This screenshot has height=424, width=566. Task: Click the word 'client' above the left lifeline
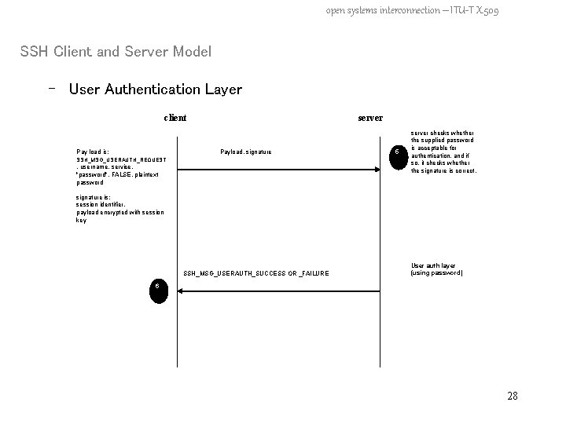pos(175,118)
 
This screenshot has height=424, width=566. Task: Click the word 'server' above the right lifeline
pos(370,118)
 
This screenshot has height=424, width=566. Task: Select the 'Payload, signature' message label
pos(246,152)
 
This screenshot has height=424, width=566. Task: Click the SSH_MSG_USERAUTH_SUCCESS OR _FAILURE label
pos(256,273)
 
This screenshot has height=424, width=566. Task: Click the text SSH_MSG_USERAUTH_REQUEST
pos(121,159)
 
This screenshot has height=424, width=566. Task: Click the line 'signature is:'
pos(94,198)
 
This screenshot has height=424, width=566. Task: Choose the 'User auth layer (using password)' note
pos(437,269)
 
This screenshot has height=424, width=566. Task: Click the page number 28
pos(513,396)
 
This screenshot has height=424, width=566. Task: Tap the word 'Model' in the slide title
pos(189,53)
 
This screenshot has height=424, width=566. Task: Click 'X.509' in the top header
pos(484,11)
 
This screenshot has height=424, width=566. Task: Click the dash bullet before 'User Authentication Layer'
pos(51,89)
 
